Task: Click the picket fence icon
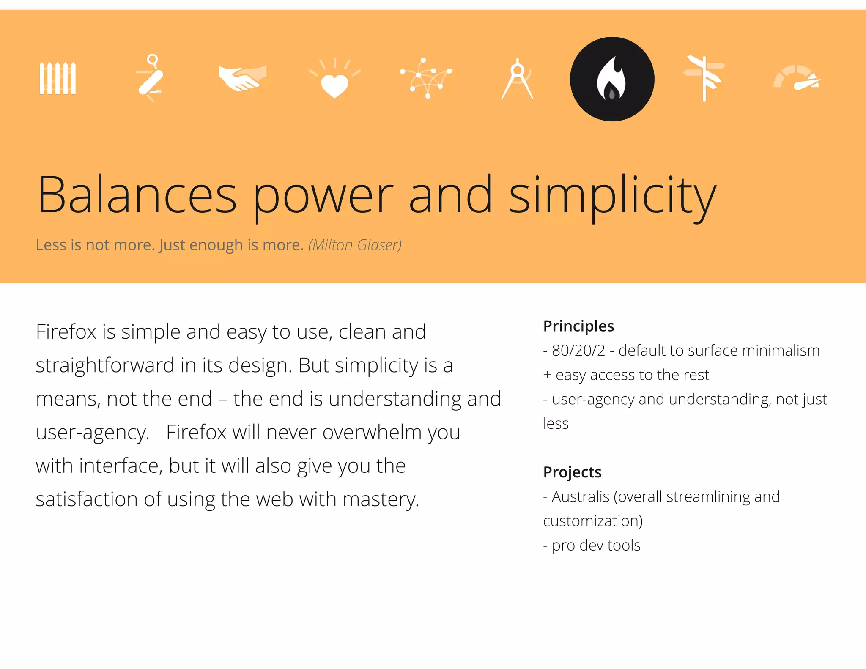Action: [58, 78]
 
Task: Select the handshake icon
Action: [243, 78]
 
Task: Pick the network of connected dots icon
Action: [426, 78]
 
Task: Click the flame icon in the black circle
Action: [612, 79]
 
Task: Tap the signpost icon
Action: [704, 78]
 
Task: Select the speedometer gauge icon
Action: [797, 79]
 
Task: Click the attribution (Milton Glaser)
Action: [355, 245]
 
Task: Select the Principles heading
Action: [578, 326]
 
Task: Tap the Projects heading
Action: [572, 472]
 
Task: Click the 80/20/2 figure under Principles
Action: [578, 351]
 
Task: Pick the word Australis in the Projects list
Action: [580, 497]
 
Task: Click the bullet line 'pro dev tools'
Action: [592, 546]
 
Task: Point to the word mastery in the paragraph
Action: [381, 500]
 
